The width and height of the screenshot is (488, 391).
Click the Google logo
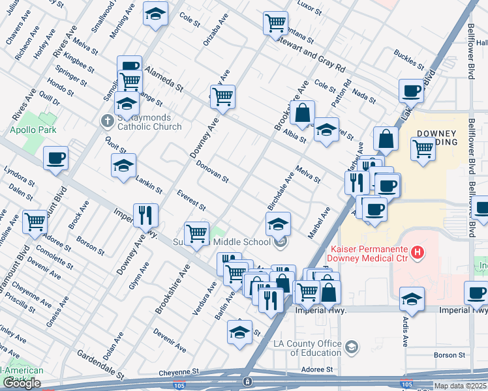pyautogui.click(x=22, y=383)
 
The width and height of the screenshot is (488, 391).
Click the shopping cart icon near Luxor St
pyautogui.click(x=276, y=23)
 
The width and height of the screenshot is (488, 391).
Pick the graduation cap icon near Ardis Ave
pyautogui.click(x=412, y=300)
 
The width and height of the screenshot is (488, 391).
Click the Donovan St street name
pyautogui.click(x=212, y=171)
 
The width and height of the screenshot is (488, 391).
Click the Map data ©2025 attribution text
pyautogui.click(x=461, y=386)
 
